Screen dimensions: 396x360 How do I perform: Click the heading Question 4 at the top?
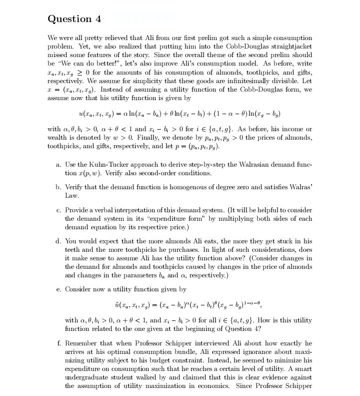(x=74, y=19)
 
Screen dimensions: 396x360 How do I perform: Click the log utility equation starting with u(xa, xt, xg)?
(x=179, y=112)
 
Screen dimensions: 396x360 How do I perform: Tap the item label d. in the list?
(x=58, y=241)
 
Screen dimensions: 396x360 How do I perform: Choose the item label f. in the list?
(x=59, y=343)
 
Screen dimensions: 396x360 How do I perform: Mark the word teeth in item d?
(x=73, y=250)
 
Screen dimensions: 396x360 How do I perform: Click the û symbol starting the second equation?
(x=117, y=304)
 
